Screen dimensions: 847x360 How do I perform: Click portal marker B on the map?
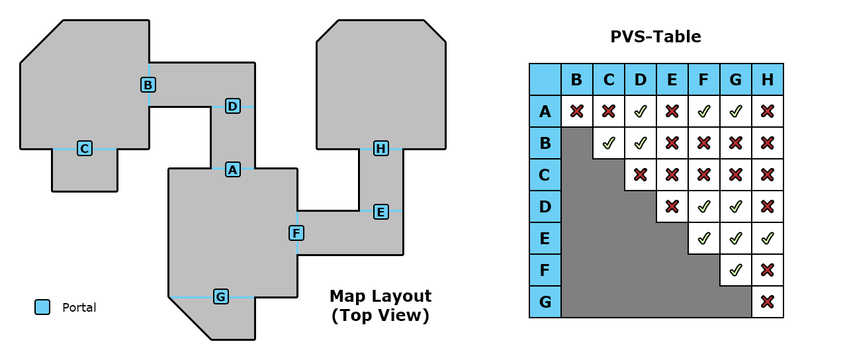tap(148, 85)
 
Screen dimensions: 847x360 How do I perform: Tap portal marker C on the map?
tap(85, 148)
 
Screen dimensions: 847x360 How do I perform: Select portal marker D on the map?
tap(233, 106)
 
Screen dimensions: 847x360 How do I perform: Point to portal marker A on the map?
tap(233, 169)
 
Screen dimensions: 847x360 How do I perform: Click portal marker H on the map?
tap(381, 148)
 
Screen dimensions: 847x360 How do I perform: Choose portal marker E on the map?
tap(381, 212)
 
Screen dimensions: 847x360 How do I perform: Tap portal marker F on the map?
tap(296, 233)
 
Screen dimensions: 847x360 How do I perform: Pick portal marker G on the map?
tap(221, 296)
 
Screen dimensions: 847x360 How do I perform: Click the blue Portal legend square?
tap(42, 307)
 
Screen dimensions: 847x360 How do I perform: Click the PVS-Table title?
tap(656, 36)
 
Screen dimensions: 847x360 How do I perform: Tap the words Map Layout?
tap(380, 296)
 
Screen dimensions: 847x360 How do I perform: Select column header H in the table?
tap(768, 79)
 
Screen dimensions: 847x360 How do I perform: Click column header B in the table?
tap(576, 79)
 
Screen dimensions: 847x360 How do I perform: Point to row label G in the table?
tap(545, 302)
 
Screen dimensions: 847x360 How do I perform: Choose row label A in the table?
tap(545, 111)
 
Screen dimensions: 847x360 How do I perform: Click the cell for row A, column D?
tap(640, 111)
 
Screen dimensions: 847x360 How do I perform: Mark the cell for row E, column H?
tap(768, 238)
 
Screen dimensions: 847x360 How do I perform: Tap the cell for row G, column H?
tap(768, 302)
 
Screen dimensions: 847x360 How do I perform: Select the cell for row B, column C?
tap(608, 143)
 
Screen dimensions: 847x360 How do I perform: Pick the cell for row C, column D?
tap(640, 175)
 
